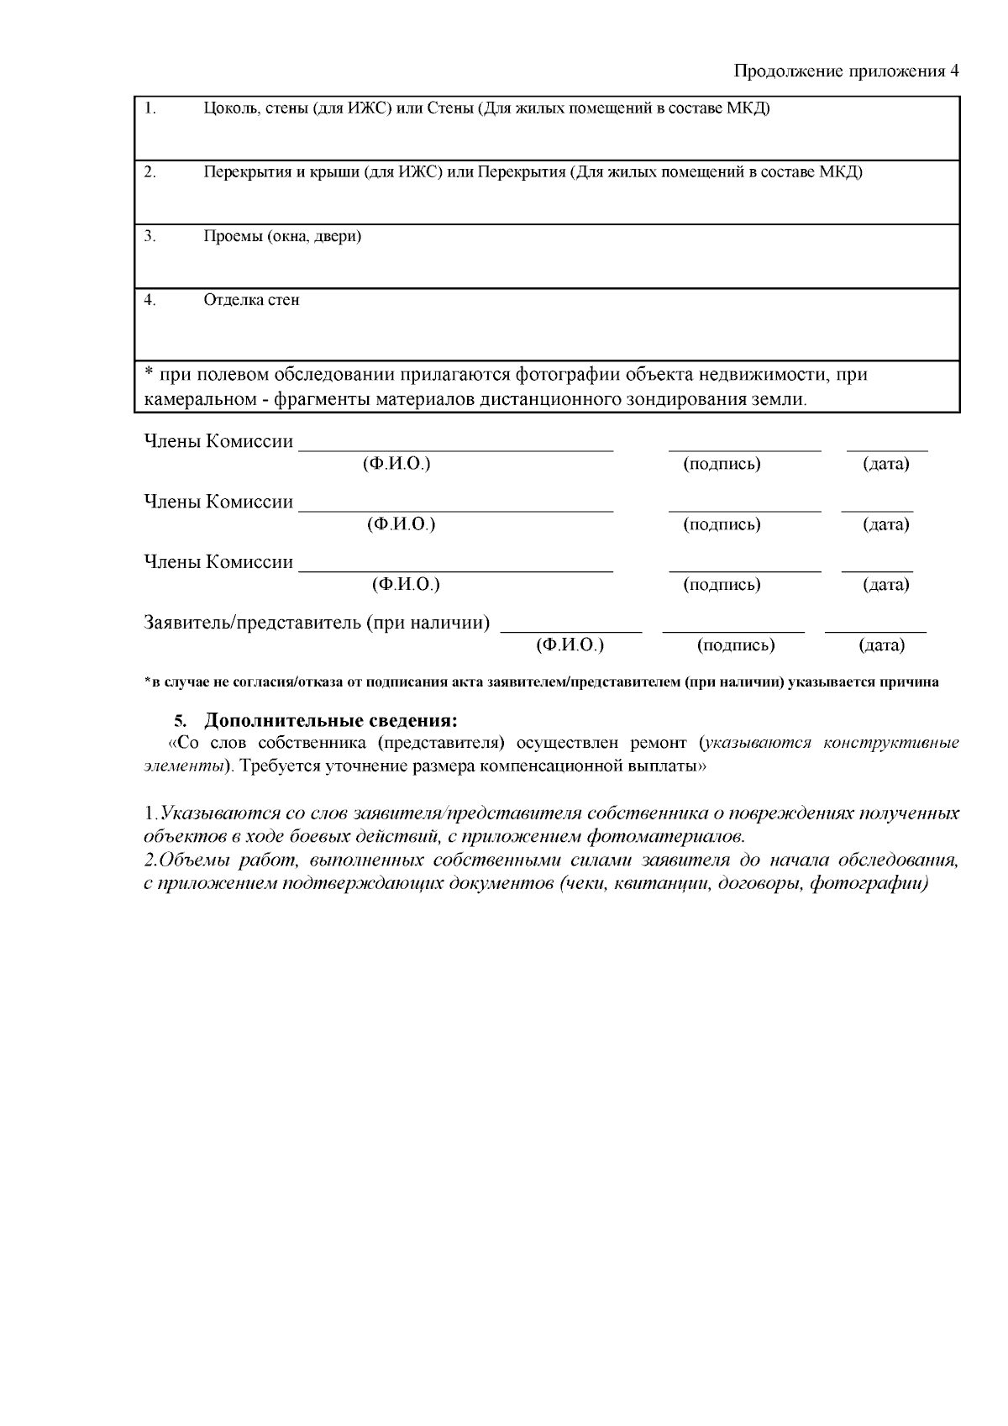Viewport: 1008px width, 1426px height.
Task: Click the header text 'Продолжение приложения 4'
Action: [x=846, y=71]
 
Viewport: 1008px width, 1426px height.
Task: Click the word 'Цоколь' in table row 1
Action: [x=224, y=108]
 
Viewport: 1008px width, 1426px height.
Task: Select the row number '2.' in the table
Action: [x=150, y=172]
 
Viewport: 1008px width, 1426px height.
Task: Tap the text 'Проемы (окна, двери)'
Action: [x=282, y=236]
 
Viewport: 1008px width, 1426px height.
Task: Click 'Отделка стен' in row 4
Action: [x=251, y=300]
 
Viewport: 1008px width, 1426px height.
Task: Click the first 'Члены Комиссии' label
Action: [x=218, y=442]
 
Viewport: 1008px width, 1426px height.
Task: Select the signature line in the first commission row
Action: [x=744, y=450]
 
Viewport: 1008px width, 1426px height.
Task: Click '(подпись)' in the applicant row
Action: [x=735, y=645]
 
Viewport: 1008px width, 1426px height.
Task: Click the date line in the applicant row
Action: [x=875, y=630]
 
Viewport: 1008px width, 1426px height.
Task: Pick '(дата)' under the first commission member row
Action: [x=886, y=464]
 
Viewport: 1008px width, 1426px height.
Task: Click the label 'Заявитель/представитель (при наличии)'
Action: [x=317, y=624]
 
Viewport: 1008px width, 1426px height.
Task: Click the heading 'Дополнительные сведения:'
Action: [x=332, y=721]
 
